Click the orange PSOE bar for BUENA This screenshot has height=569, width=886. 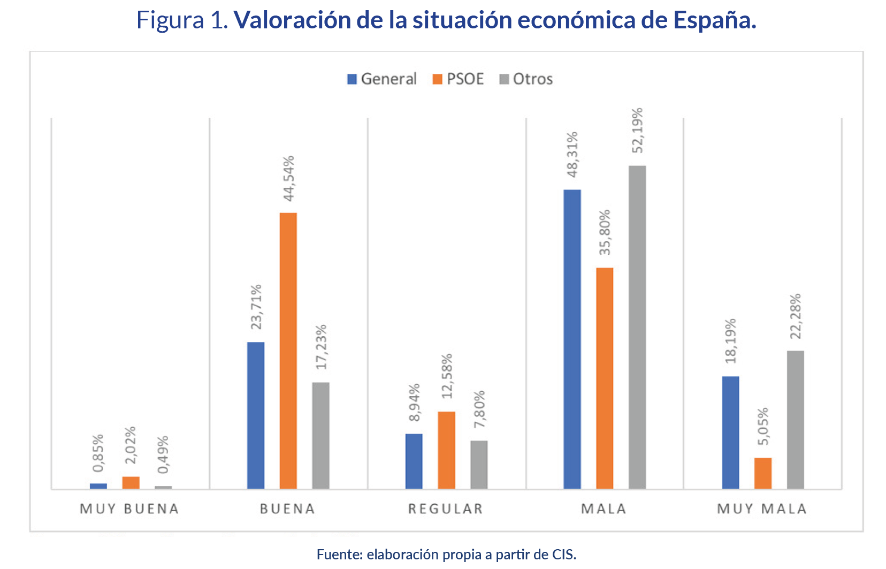pyautogui.click(x=288, y=351)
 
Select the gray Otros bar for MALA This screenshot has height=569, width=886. pyautogui.click(x=637, y=327)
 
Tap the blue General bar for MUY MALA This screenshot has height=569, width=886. pyautogui.click(x=730, y=433)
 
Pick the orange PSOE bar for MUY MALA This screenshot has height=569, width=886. pyautogui.click(x=762, y=473)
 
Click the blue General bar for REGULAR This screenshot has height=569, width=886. pyautogui.click(x=414, y=461)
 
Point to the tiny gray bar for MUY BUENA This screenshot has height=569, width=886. pyautogui.click(x=163, y=487)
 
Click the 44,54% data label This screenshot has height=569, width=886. pyautogui.click(x=289, y=179)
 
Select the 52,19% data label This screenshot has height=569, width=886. pyautogui.click(x=637, y=131)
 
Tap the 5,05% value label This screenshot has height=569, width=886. pyautogui.click(x=763, y=426)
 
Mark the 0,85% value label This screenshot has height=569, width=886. pyautogui.click(x=98, y=453)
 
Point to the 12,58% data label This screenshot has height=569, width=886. pyautogui.click(x=447, y=376)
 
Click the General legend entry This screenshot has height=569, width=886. pyautogui.click(x=382, y=79)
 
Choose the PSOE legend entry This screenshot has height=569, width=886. pyautogui.click(x=459, y=79)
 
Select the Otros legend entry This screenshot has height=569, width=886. pyautogui.click(x=526, y=79)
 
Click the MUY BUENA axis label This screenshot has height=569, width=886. pyautogui.click(x=129, y=509)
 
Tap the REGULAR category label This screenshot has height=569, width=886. pyautogui.click(x=446, y=509)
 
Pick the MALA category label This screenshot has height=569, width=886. pyautogui.click(x=604, y=509)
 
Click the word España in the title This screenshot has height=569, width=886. pyautogui.click(x=714, y=20)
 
